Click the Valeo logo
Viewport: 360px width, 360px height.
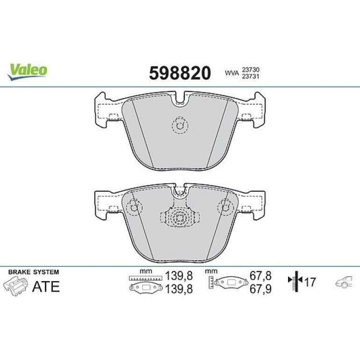27,72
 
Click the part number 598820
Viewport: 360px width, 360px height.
180,73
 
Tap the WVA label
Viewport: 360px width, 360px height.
232,73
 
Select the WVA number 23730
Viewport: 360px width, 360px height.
251,70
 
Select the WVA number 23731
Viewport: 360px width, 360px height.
251,77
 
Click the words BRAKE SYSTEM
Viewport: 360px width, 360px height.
34,272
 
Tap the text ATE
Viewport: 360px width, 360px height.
46,286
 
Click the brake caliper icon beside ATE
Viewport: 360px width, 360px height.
15,286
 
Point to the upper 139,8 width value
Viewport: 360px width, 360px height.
179,276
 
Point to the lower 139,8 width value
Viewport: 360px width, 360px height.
179,289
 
